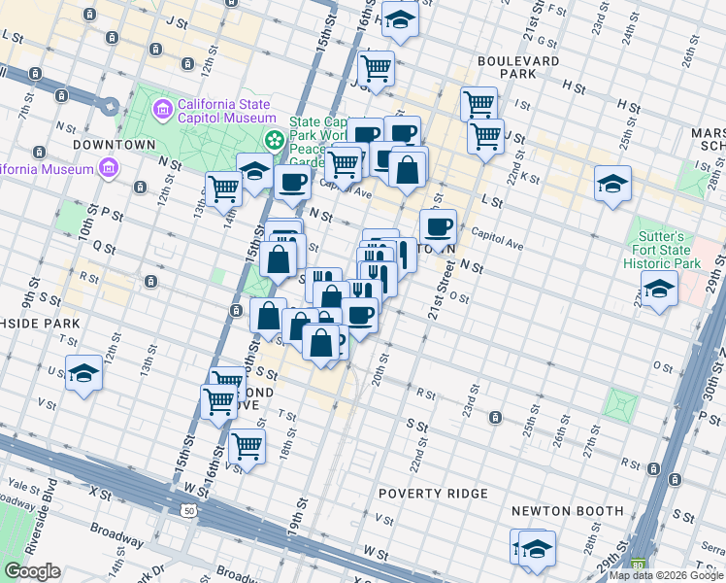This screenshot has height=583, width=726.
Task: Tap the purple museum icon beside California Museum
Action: [107, 168]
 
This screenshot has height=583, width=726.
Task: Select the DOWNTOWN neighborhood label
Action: [115, 144]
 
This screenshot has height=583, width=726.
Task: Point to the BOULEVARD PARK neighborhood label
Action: [518, 67]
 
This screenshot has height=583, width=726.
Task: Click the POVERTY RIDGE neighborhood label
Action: [433, 494]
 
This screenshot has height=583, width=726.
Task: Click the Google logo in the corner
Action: [31, 571]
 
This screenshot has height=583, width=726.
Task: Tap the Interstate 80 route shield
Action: [638, 564]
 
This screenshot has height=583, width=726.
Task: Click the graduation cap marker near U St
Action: [83, 372]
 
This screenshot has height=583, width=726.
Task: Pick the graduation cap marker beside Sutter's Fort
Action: [659, 288]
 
